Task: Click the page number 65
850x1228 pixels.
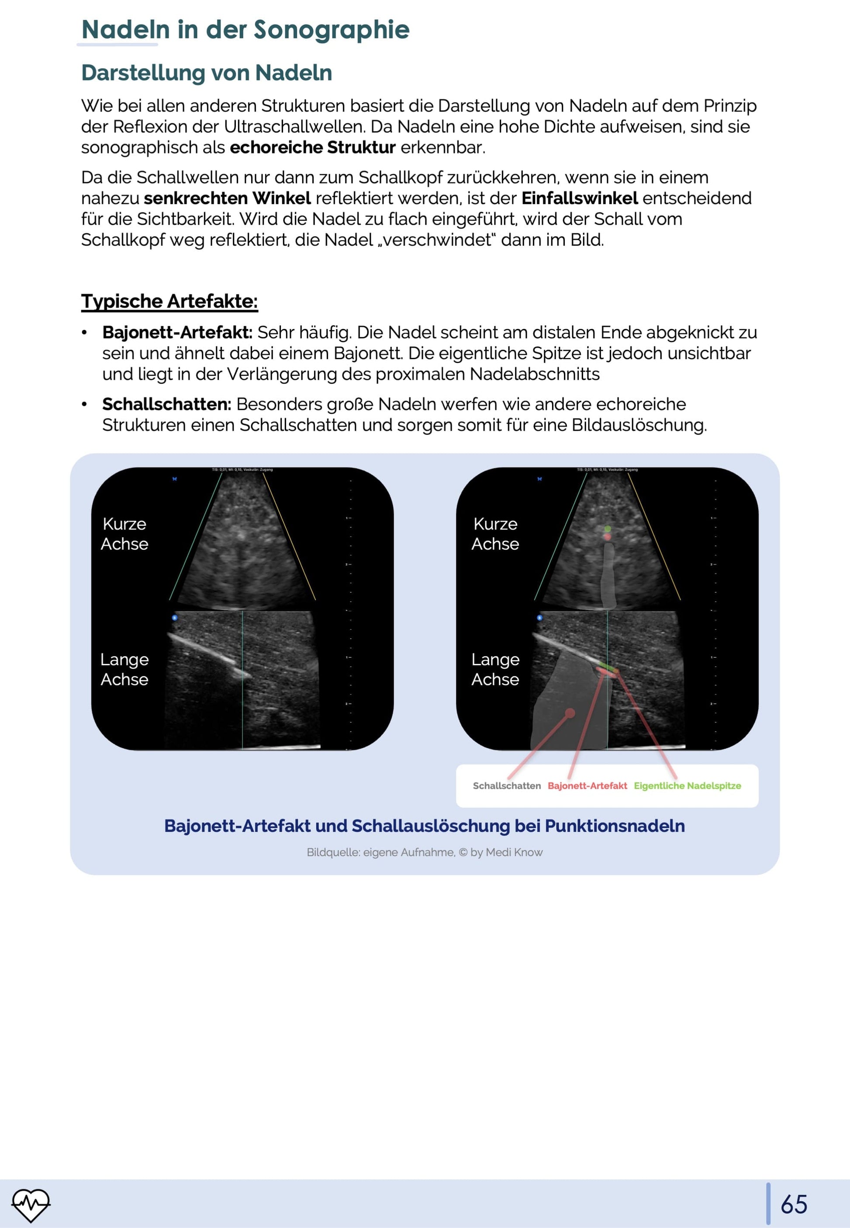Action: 794,1204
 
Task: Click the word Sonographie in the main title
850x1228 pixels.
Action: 331,29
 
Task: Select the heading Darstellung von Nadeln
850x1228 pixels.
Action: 206,73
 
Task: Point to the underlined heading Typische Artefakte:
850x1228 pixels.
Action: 169,301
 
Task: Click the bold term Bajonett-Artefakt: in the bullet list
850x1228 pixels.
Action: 177,332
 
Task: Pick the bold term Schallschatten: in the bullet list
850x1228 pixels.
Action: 166,404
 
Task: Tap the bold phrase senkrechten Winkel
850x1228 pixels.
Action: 228,198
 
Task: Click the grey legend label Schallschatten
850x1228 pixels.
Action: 507,785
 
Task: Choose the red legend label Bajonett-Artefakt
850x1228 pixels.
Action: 587,785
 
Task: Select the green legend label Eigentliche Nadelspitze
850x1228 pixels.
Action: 687,785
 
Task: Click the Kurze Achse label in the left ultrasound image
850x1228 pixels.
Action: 124,533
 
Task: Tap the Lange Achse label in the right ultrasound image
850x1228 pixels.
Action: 495,669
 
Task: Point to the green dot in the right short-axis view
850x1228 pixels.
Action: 608,529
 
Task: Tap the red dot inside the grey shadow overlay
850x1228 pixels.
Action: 570,713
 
